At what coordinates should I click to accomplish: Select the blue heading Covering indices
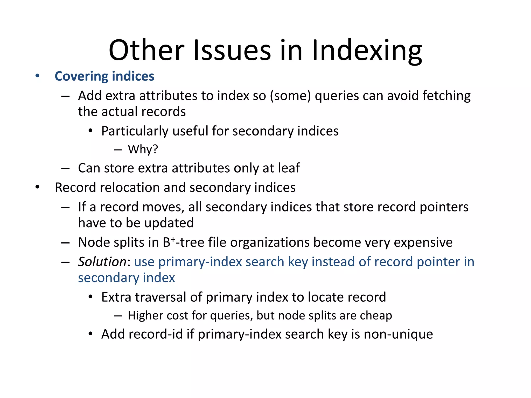click(x=104, y=76)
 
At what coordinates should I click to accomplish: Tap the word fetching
click(x=446, y=96)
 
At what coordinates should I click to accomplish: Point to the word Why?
click(x=143, y=149)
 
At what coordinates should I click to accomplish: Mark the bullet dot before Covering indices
click(x=38, y=76)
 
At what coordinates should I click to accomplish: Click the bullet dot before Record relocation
click(x=38, y=187)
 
